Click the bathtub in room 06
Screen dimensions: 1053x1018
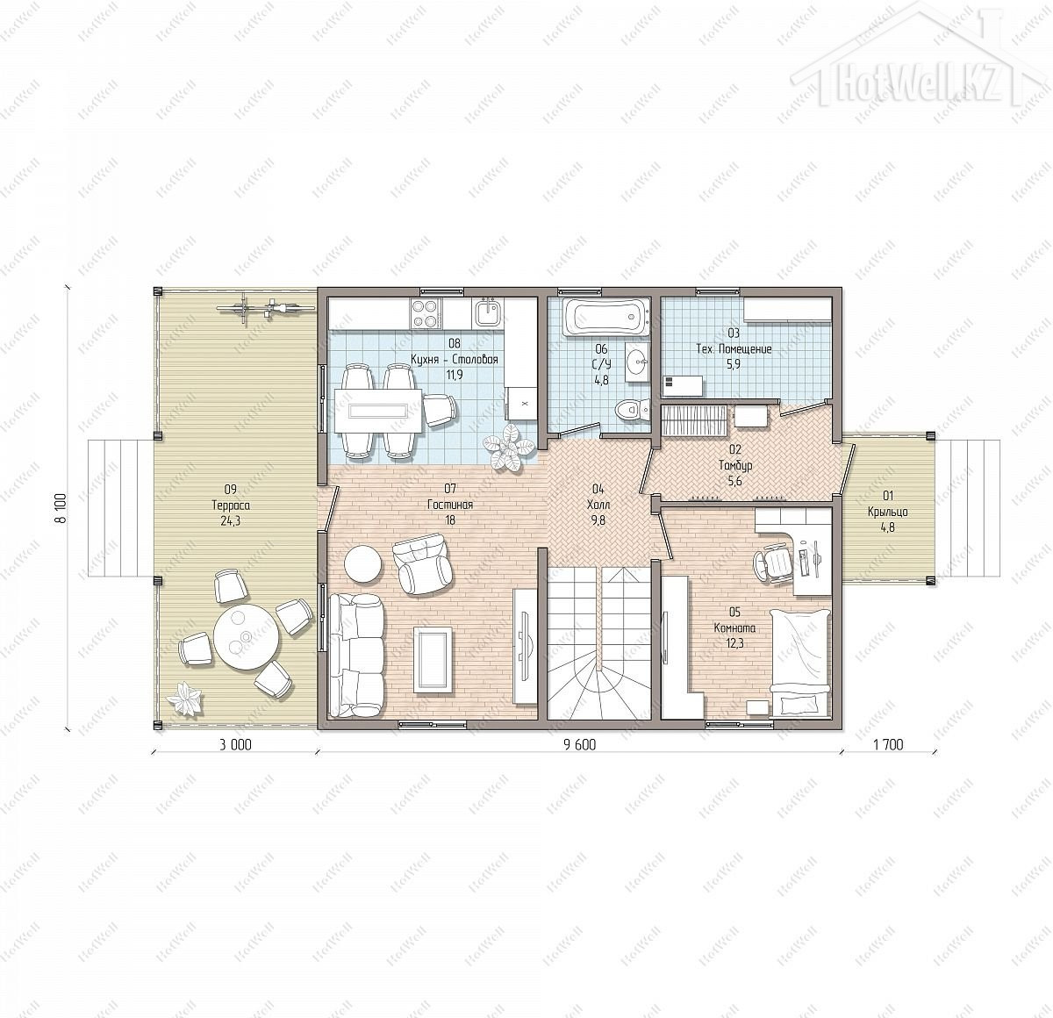click(605, 317)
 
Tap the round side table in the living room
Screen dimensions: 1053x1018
click(363, 563)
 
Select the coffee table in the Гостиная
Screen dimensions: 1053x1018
click(433, 659)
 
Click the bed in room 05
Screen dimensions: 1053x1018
click(800, 662)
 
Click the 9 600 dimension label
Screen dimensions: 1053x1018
click(579, 746)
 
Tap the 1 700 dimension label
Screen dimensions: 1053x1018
click(888, 745)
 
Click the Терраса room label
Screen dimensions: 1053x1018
click(231, 505)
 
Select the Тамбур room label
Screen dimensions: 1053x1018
click(735, 465)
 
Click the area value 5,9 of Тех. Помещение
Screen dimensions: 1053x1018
click(734, 364)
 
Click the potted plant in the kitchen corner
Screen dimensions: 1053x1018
click(507, 447)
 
